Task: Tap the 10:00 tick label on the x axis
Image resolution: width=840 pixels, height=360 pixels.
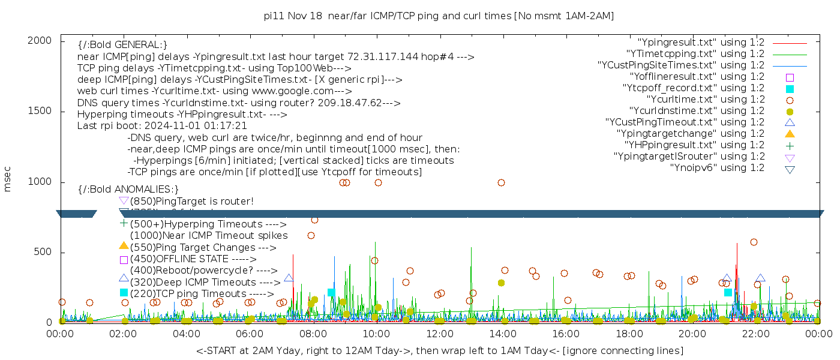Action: pos(376,334)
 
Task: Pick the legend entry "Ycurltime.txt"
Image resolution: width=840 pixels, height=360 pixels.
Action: pos(706,100)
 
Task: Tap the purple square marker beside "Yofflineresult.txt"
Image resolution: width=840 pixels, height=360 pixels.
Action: pos(790,77)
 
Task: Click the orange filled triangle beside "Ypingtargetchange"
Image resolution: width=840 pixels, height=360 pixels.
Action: pos(790,134)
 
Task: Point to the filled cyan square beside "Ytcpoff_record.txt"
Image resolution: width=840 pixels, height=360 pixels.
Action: pos(790,89)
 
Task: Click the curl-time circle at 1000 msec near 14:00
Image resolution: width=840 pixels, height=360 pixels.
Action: pos(501,182)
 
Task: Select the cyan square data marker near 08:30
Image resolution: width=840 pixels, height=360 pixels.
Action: pos(331,293)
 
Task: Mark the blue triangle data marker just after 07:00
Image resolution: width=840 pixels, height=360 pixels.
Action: pos(289,278)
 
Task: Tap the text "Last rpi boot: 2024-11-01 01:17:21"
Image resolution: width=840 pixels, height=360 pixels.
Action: pos(162,126)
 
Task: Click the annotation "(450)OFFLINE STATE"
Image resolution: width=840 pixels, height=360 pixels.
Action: pos(179,259)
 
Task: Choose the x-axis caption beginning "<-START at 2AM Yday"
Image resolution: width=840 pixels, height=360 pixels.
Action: pos(439,350)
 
